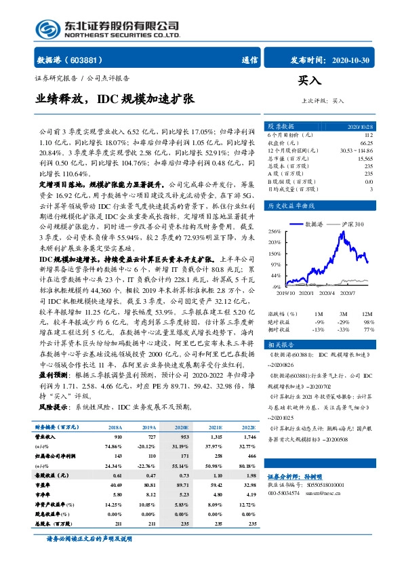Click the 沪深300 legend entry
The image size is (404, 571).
[x=352, y=223]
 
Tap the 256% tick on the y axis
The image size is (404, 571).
[x=275, y=231]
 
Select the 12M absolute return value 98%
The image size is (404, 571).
[x=368, y=321]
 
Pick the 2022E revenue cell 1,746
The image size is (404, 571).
[x=247, y=438]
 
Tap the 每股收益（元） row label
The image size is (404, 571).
[x=52, y=476]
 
